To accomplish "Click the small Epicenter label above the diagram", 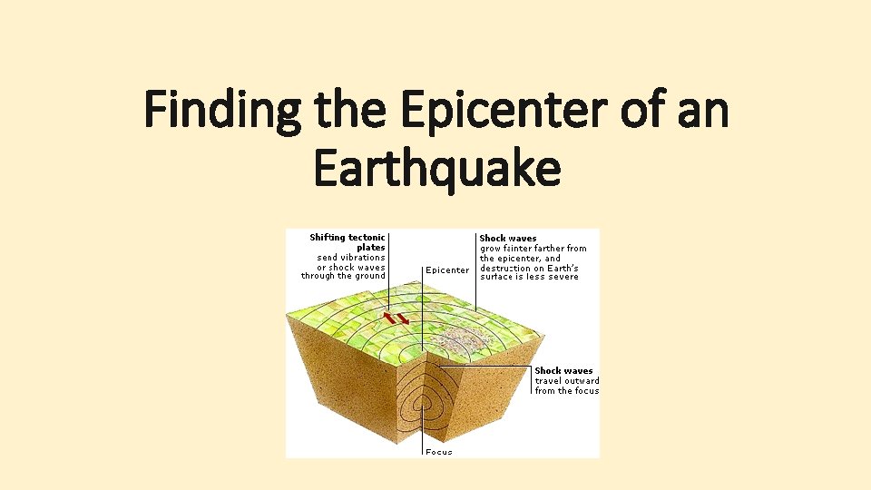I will pyautogui.click(x=447, y=269).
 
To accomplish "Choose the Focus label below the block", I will pyautogui.click(x=439, y=452).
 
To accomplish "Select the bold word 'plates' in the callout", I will pyautogui.click(x=371, y=248).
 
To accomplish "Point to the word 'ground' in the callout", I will pyautogui.click(x=370, y=277).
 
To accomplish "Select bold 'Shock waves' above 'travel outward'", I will pyautogui.click(x=563, y=371).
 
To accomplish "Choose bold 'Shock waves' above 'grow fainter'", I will pyautogui.click(x=508, y=239).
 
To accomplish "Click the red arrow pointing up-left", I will pyautogui.click(x=390, y=317).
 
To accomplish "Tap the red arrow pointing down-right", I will pyautogui.click(x=403, y=320).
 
